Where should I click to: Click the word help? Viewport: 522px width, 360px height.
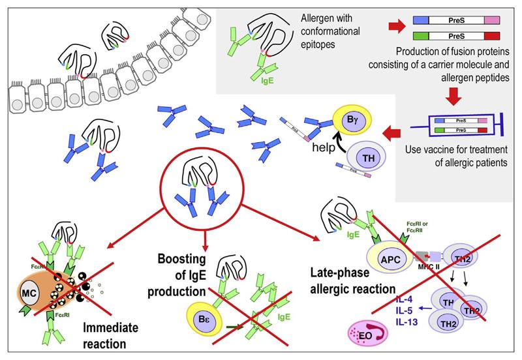324,147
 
